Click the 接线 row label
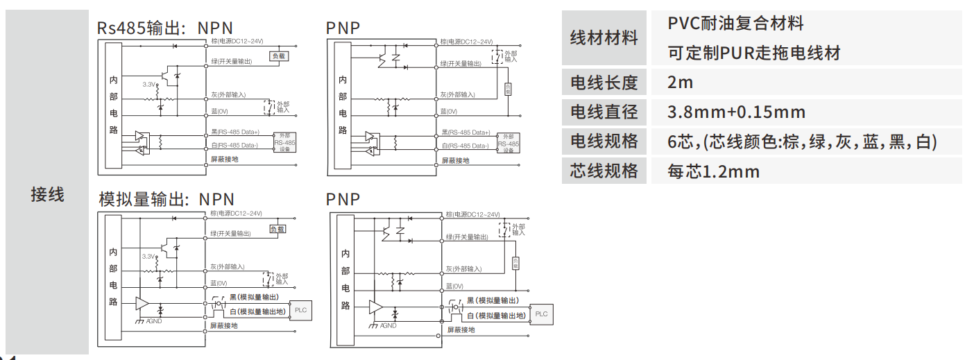(x=47, y=195)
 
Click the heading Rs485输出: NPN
(x=166, y=28)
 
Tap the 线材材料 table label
(x=604, y=38)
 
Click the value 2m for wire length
(x=680, y=83)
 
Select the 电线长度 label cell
(x=604, y=83)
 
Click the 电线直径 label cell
(x=604, y=112)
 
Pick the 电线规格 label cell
(x=604, y=142)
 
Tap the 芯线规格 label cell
(x=604, y=171)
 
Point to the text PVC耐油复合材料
(x=735, y=24)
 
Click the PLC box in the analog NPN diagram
(x=300, y=310)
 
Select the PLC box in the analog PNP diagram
(x=542, y=314)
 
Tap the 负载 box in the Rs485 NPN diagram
(x=277, y=56)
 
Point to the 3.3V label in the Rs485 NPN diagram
(x=148, y=84)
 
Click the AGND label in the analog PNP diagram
(x=388, y=325)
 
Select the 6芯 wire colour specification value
(x=802, y=142)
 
